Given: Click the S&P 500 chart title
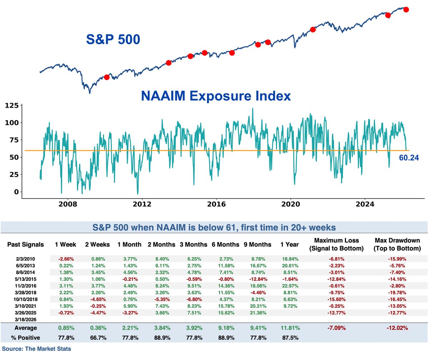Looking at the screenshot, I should click(x=113, y=39).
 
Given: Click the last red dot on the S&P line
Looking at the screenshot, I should click(x=406, y=9).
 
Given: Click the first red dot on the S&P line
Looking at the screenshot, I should click(x=107, y=77).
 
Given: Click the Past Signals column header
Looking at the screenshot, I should click(x=26, y=245).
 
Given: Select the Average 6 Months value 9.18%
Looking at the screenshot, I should click(x=227, y=328).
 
